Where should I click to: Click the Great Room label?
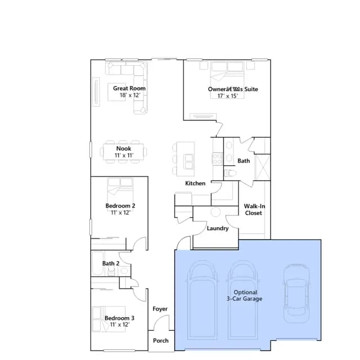pyautogui.click(x=129, y=88)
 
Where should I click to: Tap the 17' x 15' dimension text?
pyautogui.click(x=227, y=96)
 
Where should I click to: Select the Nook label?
pyautogui.click(x=124, y=148)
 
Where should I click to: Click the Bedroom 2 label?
pyautogui.click(x=120, y=206)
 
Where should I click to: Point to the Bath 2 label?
pyautogui.click(x=111, y=263)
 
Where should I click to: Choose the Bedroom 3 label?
pyautogui.click(x=119, y=318)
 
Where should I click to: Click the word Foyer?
pyautogui.click(x=160, y=309)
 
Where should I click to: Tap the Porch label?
pyautogui.click(x=161, y=340)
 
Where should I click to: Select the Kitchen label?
pyautogui.click(x=195, y=183)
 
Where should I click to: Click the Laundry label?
pyautogui.click(x=218, y=228)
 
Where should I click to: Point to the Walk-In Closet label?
pyautogui.click(x=254, y=209)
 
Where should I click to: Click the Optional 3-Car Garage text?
pyautogui.click(x=245, y=295)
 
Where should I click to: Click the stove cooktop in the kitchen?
pyautogui.click(x=217, y=159)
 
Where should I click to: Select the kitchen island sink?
pyautogui.click(x=189, y=161)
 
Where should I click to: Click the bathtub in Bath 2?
pyautogui.click(x=98, y=263)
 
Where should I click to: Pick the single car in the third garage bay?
pyautogui.click(x=296, y=294)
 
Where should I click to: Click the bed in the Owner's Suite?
pyautogui.click(x=227, y=80)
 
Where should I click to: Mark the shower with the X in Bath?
pyautogui.click(x=263, y=167)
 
